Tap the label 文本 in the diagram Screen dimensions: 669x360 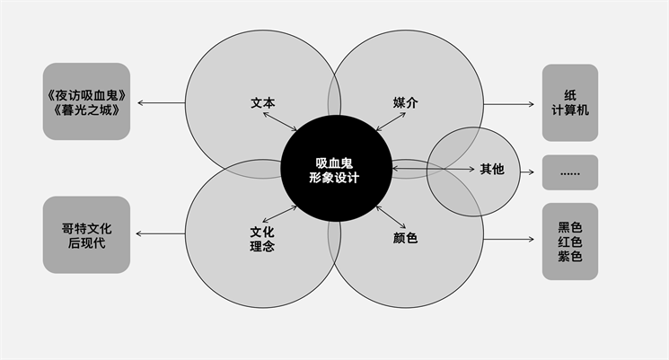coord(262,102)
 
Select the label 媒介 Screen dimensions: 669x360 coord(406,102)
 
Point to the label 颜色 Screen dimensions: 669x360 coord(406,238)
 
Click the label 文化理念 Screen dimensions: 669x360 coord(262,238)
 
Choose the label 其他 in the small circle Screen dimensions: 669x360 coord(492,168)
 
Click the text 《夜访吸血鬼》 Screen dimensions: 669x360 coord(86,94)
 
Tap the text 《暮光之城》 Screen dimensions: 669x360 coord(86,111)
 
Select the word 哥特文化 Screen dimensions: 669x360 coord(86,227)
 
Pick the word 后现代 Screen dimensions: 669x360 coord(86,243)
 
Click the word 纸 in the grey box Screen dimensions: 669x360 coord(569,94)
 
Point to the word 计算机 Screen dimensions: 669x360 coord(569,111)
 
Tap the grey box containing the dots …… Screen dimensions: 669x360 coord(569,171)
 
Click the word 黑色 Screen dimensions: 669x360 coord(569,226)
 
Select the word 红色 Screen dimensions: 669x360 coord(569,241)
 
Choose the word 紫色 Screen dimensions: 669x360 coord(569,258)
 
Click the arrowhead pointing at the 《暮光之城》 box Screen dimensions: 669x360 coord(140,103)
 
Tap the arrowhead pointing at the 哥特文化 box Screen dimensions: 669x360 coord(140,235)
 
